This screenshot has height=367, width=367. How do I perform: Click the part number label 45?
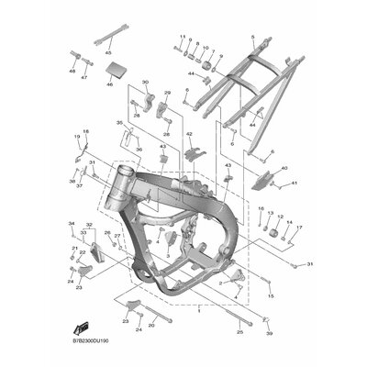[109, 54]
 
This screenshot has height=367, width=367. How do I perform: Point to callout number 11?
[183, 37]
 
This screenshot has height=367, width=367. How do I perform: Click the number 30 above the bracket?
[145, 83]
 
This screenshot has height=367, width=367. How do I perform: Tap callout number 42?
[190, 134]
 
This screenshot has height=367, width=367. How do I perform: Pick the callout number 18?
[86, 132]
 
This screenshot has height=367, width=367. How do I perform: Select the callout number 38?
[72, 182]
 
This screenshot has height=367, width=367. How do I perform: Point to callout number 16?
[235, 209]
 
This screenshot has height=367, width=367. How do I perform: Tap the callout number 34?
[70, 224]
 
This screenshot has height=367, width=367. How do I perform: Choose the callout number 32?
[89, 225]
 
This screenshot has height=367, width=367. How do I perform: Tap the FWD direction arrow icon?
[83, 327]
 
